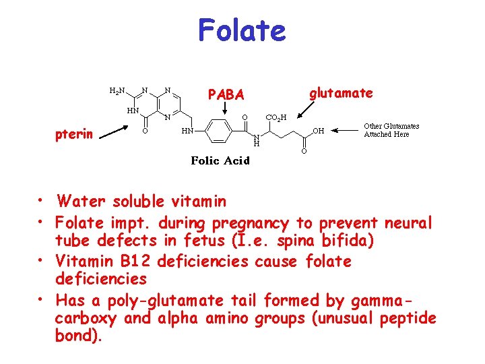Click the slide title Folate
tap(242, 31)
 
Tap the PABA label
tap(226, 95)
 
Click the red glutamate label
tap(341, 93)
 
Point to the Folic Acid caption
tap(220, 160)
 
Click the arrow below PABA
tap(226, 112)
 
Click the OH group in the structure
tap(319, 131)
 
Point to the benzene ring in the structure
tap(218, 131)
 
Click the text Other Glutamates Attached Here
tap(391, 130)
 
